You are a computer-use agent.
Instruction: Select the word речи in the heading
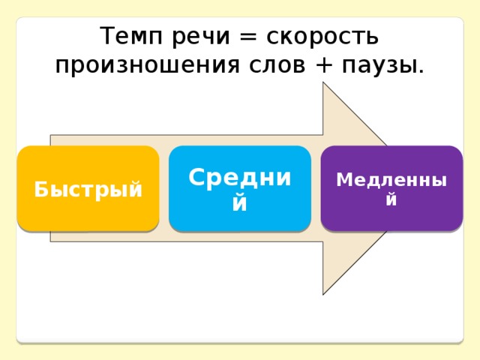[x=201, y=37]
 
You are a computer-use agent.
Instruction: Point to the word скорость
[x=322, y=37]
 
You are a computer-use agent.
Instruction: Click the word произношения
[x=147, y=66]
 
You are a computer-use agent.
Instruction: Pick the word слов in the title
[x=277, y=65]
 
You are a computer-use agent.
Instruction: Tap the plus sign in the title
[x=323, y=65]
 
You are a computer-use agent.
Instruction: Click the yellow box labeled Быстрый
[x=88, y=188]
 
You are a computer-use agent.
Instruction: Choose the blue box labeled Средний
[x=240, y=188]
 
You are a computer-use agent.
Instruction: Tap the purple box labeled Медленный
[x=391, y=188]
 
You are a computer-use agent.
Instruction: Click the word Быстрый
[x=88, y=190]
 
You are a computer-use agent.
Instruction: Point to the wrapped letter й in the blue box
[x=240, y=202]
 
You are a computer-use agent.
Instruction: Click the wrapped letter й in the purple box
[x=391, y=199]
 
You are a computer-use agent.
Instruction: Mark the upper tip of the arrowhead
[x=323, y=82]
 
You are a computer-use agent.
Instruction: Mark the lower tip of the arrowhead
[x=323, y=295]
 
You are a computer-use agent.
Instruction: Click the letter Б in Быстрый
[x=41, y=190]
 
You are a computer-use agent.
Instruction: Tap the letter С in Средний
[x=196, y=177]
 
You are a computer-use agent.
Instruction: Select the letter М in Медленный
[x=345, y=179]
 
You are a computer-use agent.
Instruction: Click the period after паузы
[x=421, y=72]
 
